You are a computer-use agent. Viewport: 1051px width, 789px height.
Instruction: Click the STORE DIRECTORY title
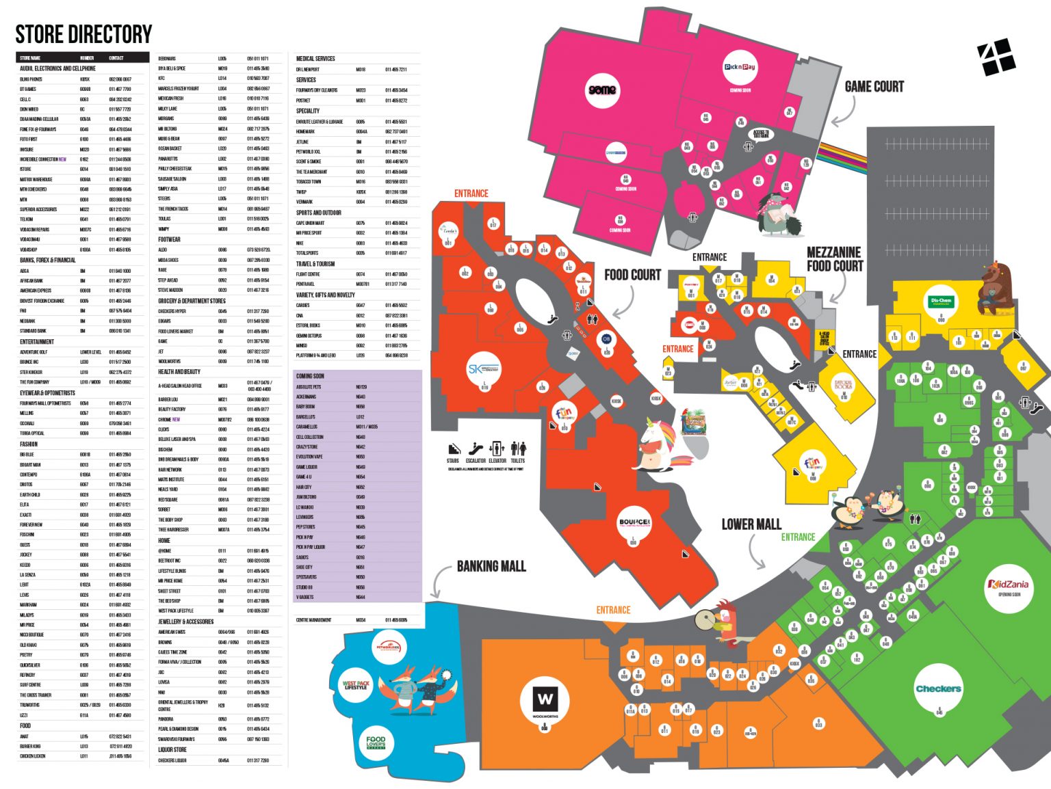pos(83,34)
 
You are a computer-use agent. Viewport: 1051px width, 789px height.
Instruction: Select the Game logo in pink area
pos(602,90)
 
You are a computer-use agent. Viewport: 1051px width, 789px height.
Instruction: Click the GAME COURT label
pos(874,87)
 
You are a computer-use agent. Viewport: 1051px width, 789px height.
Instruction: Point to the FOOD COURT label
pos(632,275)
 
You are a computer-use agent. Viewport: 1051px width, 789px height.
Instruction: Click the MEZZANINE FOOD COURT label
pos(834,259)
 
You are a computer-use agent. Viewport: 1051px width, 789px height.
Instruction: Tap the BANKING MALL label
pos(491,566)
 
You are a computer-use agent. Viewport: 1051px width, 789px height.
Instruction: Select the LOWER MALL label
pos(751,524)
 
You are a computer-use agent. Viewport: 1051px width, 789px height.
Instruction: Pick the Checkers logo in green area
pos(938,688)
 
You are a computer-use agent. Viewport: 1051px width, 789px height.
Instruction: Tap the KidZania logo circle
pos(1009,585)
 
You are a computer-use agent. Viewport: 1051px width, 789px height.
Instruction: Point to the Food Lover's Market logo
pos(376,743)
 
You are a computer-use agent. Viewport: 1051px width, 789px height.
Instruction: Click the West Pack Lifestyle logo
pos(356,685)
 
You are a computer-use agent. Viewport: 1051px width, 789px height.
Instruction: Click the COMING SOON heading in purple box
pos(310,376)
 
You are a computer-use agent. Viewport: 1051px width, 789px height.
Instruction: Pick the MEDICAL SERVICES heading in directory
pos(315,59)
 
